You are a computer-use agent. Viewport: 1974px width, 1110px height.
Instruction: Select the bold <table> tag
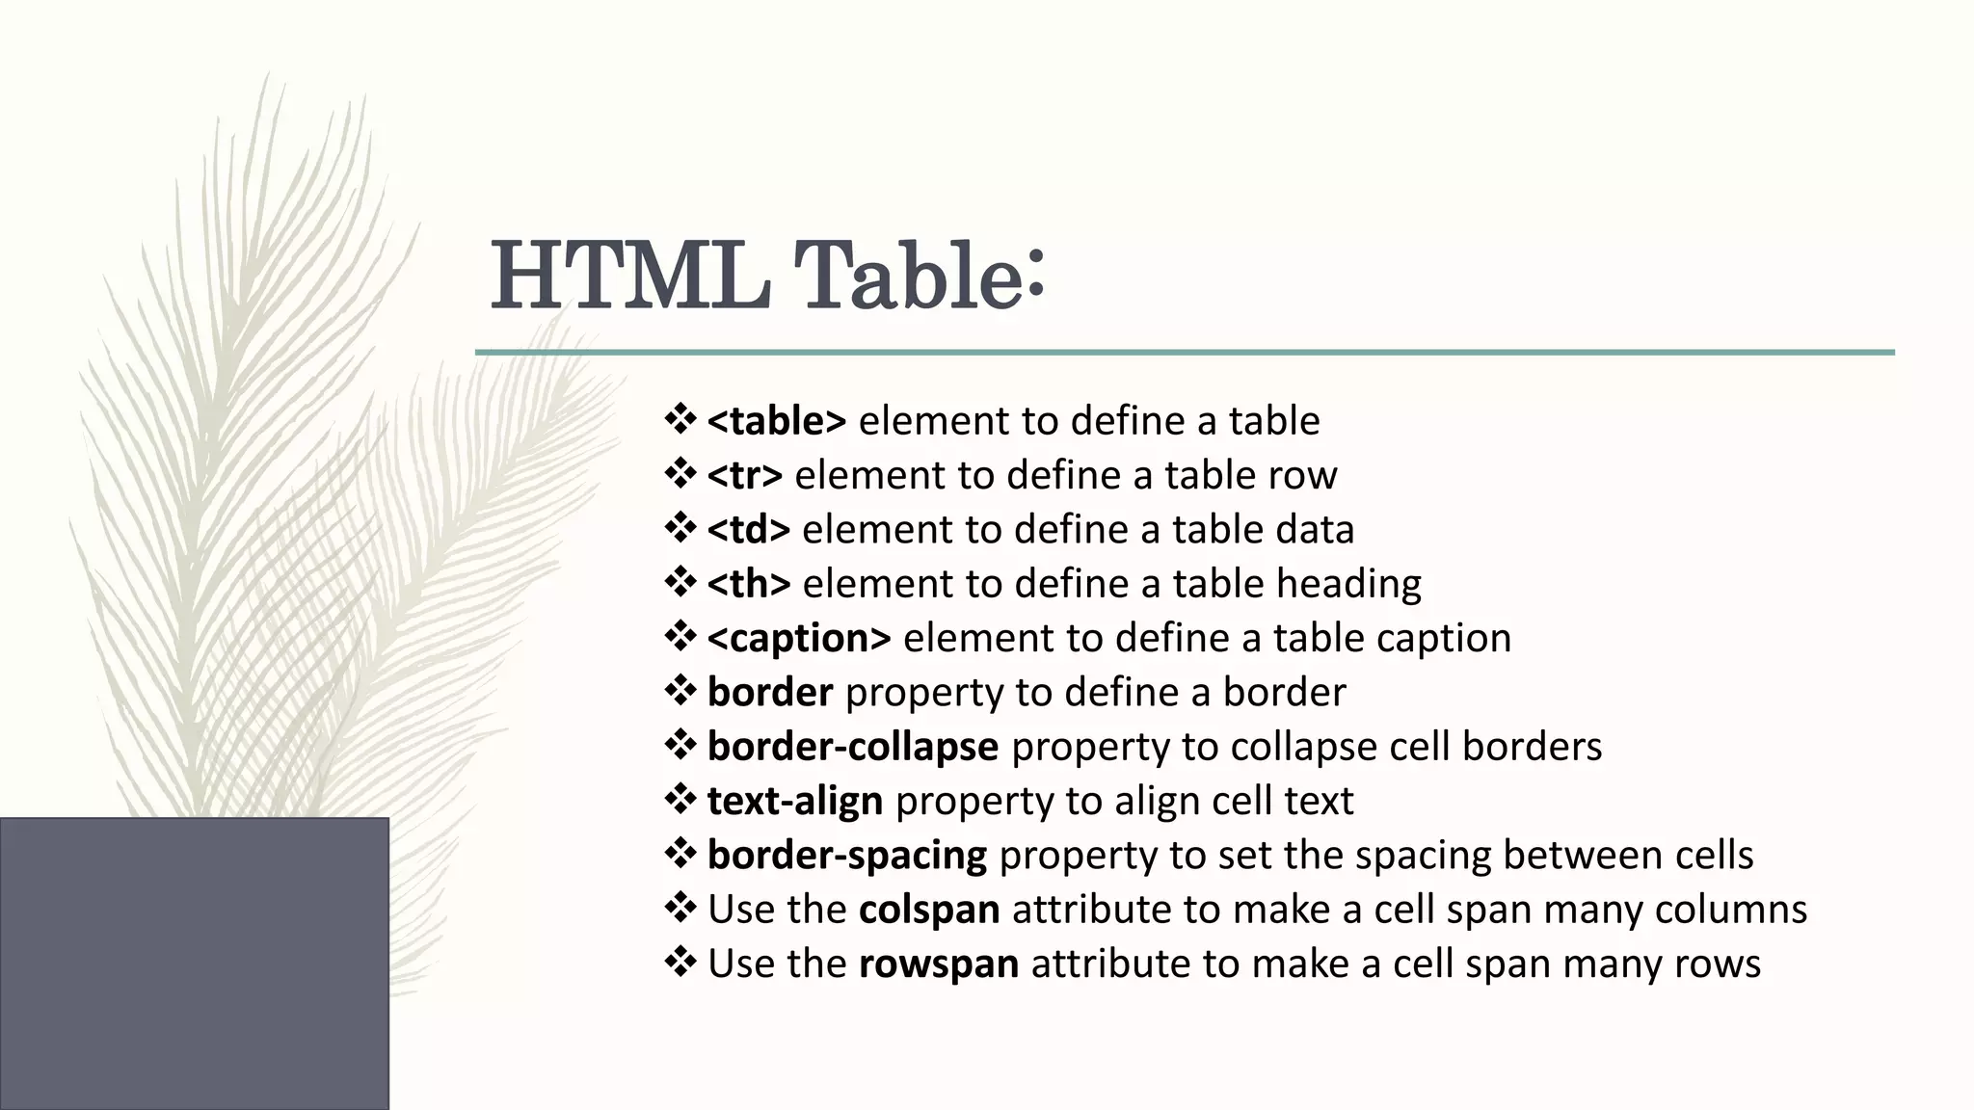(x=776, y=421)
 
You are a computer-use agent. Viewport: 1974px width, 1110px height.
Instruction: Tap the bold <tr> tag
(x=744, y=475)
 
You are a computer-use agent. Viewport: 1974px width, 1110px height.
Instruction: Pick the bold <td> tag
(x=748, y=530)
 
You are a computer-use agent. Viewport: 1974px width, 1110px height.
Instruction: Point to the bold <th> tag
(x=748, y=584)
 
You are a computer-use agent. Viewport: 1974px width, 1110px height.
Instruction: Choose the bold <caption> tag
(x=799, y=638)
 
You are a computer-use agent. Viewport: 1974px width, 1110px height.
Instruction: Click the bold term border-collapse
(x=852, y=747)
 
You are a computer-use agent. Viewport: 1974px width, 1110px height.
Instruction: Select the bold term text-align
(x=794, y=801)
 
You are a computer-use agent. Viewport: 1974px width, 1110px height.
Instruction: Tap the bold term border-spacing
(x=846, y=856)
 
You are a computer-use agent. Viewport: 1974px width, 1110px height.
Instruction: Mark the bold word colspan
(x=928, y=910)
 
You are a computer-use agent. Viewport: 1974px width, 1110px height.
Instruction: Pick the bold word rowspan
(x=938, y=964)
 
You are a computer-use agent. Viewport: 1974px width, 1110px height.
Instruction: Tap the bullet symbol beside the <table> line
(x=680, y=420)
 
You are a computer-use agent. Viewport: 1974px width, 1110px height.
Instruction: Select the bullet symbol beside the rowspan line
(x=680, y=963)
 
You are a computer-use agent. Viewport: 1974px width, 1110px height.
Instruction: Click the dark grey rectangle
(x=194, y=963)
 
